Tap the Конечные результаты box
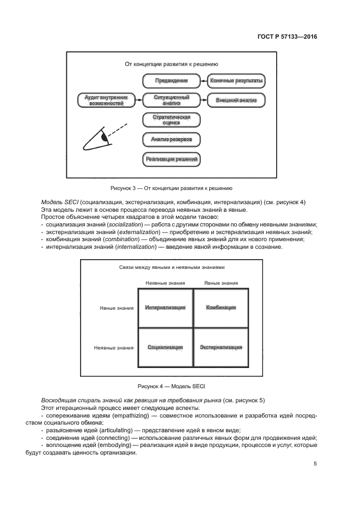click(236, 81)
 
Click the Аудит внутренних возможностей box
click(106, 100)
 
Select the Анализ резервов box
click(171, 139)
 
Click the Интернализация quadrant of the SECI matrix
click(166, 308)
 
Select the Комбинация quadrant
click(221, 308)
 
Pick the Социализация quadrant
click(166, 347)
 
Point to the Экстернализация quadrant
click(221, 347)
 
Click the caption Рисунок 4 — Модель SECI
click(164, 386)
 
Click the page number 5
click(315, 464)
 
